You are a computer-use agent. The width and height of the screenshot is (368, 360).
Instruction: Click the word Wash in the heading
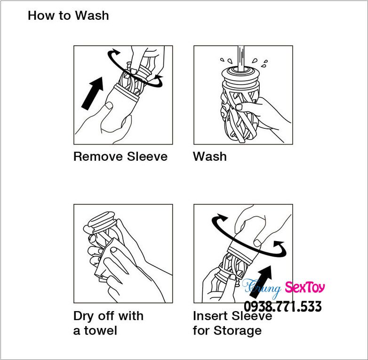coord(92,16)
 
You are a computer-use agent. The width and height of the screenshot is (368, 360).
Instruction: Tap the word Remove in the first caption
coord(98,157)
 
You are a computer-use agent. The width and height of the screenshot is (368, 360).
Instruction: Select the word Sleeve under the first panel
coord(147,157)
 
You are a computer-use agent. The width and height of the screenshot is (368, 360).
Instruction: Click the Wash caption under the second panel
coord(210,157)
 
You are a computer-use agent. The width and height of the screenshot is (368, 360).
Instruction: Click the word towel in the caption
coord(100,331)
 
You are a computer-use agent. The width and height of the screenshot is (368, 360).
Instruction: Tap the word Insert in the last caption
coord(209,316)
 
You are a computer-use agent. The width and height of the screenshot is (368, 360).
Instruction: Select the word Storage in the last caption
coord(238,331)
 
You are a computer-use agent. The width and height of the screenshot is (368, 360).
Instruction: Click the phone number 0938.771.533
coord(283,306)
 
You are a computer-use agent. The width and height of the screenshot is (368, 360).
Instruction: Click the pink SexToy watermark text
coord(305,287)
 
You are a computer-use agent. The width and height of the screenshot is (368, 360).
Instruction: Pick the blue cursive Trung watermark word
coord(262,288)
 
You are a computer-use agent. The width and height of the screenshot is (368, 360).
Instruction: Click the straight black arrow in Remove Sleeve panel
coord(92,93)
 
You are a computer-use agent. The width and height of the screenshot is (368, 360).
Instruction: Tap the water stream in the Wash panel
coord(241,58)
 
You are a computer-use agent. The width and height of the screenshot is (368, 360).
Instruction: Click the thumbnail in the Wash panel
coord(239,107)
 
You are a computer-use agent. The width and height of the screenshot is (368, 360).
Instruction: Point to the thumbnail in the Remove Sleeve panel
coord(109,105)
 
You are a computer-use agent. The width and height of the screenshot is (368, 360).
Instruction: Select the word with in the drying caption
coord(131,316)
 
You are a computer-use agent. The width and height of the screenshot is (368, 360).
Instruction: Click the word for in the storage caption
coord(201,331)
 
